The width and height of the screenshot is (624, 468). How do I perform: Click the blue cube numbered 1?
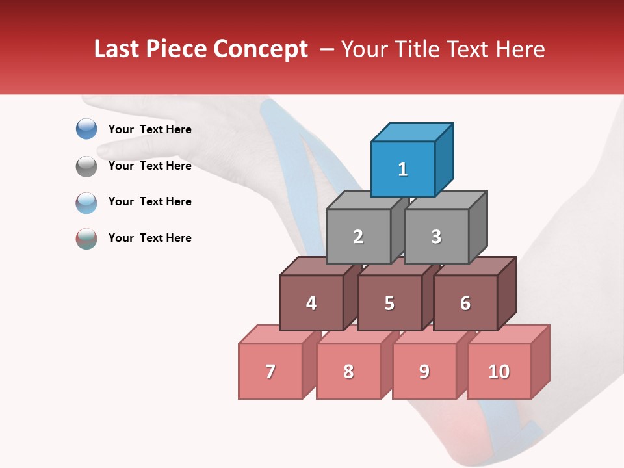point(403,169)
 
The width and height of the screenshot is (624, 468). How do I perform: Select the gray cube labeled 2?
point(358,237)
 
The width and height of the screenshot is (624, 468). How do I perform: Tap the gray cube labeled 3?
point(436,237)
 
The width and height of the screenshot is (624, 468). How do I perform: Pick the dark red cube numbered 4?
point(311,303)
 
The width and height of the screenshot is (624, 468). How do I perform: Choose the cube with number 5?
point(389,303)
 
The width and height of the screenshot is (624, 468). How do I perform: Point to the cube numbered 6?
point(465,303)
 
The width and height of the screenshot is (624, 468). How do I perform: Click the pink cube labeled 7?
point(270,371)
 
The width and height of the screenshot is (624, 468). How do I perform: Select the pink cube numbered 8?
point(348,371)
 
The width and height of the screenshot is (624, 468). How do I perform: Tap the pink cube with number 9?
point(424,371)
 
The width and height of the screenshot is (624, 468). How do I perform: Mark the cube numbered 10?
point(499,371)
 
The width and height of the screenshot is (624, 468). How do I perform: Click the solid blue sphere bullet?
point(86,129)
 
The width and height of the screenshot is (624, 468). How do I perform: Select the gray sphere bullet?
point(86,166)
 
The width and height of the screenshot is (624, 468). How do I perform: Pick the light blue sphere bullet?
point(86,202)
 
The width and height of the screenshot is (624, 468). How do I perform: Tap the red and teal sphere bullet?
point(86,239)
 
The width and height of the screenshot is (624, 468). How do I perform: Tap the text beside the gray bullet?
point(150,166)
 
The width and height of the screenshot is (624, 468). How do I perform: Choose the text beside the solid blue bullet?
point(150,129)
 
